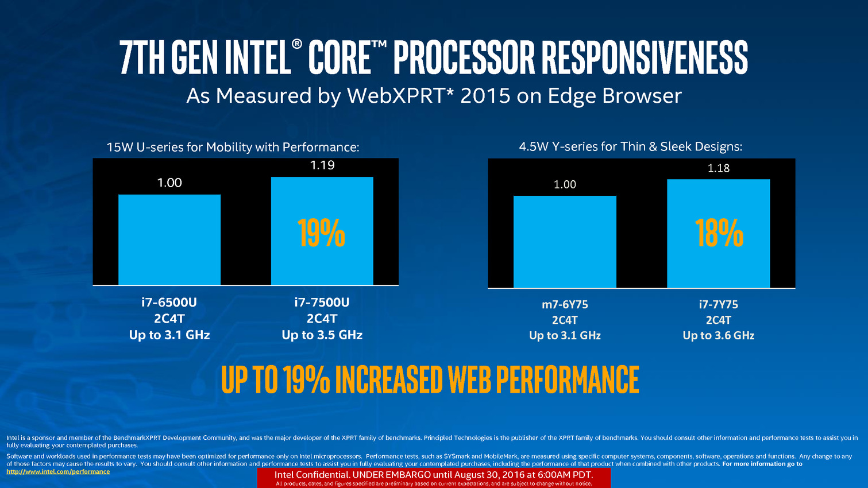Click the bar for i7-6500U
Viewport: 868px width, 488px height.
169,239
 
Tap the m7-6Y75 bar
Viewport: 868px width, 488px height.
565,242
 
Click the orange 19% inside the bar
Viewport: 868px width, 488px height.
322,233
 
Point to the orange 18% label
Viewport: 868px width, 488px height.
719,233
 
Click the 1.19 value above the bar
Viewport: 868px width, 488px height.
322,165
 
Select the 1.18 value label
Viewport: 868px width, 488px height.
719,168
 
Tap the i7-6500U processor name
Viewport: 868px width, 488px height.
169,302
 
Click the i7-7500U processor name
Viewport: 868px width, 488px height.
322,302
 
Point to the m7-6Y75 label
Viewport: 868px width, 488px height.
565,304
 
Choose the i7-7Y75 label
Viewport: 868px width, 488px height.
719,304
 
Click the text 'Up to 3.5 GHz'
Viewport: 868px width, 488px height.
322,335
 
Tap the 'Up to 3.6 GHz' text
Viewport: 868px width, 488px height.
719,335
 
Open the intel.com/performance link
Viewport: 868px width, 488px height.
58,471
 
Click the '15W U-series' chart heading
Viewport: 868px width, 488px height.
233,147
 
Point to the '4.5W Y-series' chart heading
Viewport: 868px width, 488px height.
630,146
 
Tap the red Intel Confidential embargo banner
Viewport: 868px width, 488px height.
434,478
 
